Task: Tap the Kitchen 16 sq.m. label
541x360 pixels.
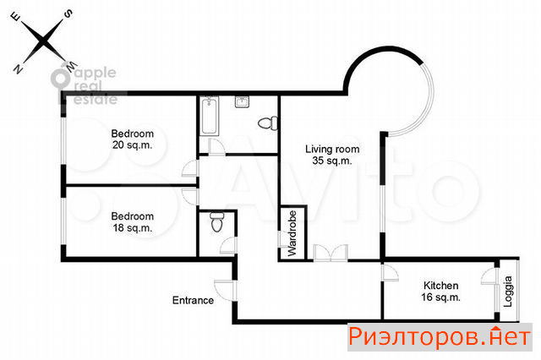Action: pos(440,291)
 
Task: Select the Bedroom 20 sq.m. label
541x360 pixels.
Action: pos(132,139)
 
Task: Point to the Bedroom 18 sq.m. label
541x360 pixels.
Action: pos(132,221)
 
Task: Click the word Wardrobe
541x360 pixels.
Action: pos(292,233)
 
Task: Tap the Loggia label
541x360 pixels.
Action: pos(507,292)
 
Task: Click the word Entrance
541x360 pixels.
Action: pos(193,300)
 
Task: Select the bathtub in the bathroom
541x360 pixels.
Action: pos(210,116)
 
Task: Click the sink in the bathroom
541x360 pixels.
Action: pos(243,102)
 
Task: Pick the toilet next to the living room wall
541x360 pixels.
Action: pos(268,123)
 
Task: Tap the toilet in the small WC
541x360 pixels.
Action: pos(217,221)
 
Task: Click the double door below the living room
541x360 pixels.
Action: pos(331,253)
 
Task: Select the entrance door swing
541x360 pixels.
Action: pos(225,291)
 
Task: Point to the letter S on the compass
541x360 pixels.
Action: pos(69,14)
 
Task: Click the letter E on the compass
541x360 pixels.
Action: pos(16,17)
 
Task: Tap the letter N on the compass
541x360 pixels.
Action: pos(18,69)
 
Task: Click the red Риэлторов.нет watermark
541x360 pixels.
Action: pos(440,337)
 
